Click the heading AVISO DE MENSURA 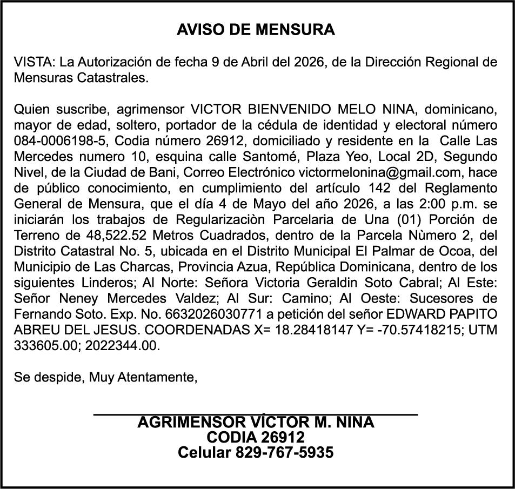tap(256, 30)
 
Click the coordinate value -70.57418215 tap(412, 330)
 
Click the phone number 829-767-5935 tap(284, 452)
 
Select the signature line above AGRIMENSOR tap(256, 414)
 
